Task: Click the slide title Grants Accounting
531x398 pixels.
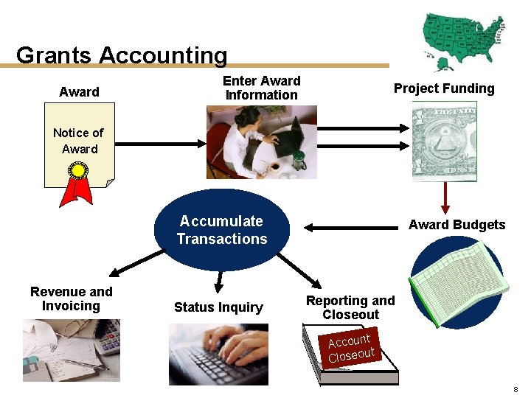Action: tap(122, 55)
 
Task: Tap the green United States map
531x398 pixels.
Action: tap(463, 37)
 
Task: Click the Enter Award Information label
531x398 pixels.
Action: tap(261, 88)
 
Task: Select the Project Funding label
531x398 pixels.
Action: tap(444, 88)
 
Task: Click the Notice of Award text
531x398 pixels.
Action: tap(78, 141)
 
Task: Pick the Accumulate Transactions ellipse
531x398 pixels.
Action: tap(221, 230)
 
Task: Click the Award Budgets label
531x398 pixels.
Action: tap(457, 225)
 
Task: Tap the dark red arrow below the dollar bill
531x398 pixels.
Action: tap(445, 196)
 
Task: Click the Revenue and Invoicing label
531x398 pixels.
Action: tap(71, 298)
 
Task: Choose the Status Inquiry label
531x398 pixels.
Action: tap(218, 307)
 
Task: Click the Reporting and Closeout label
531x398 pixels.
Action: tap(350, 307)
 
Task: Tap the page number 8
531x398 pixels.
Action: tap(515, 388)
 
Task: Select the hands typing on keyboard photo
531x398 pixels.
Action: tap(218, 354)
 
